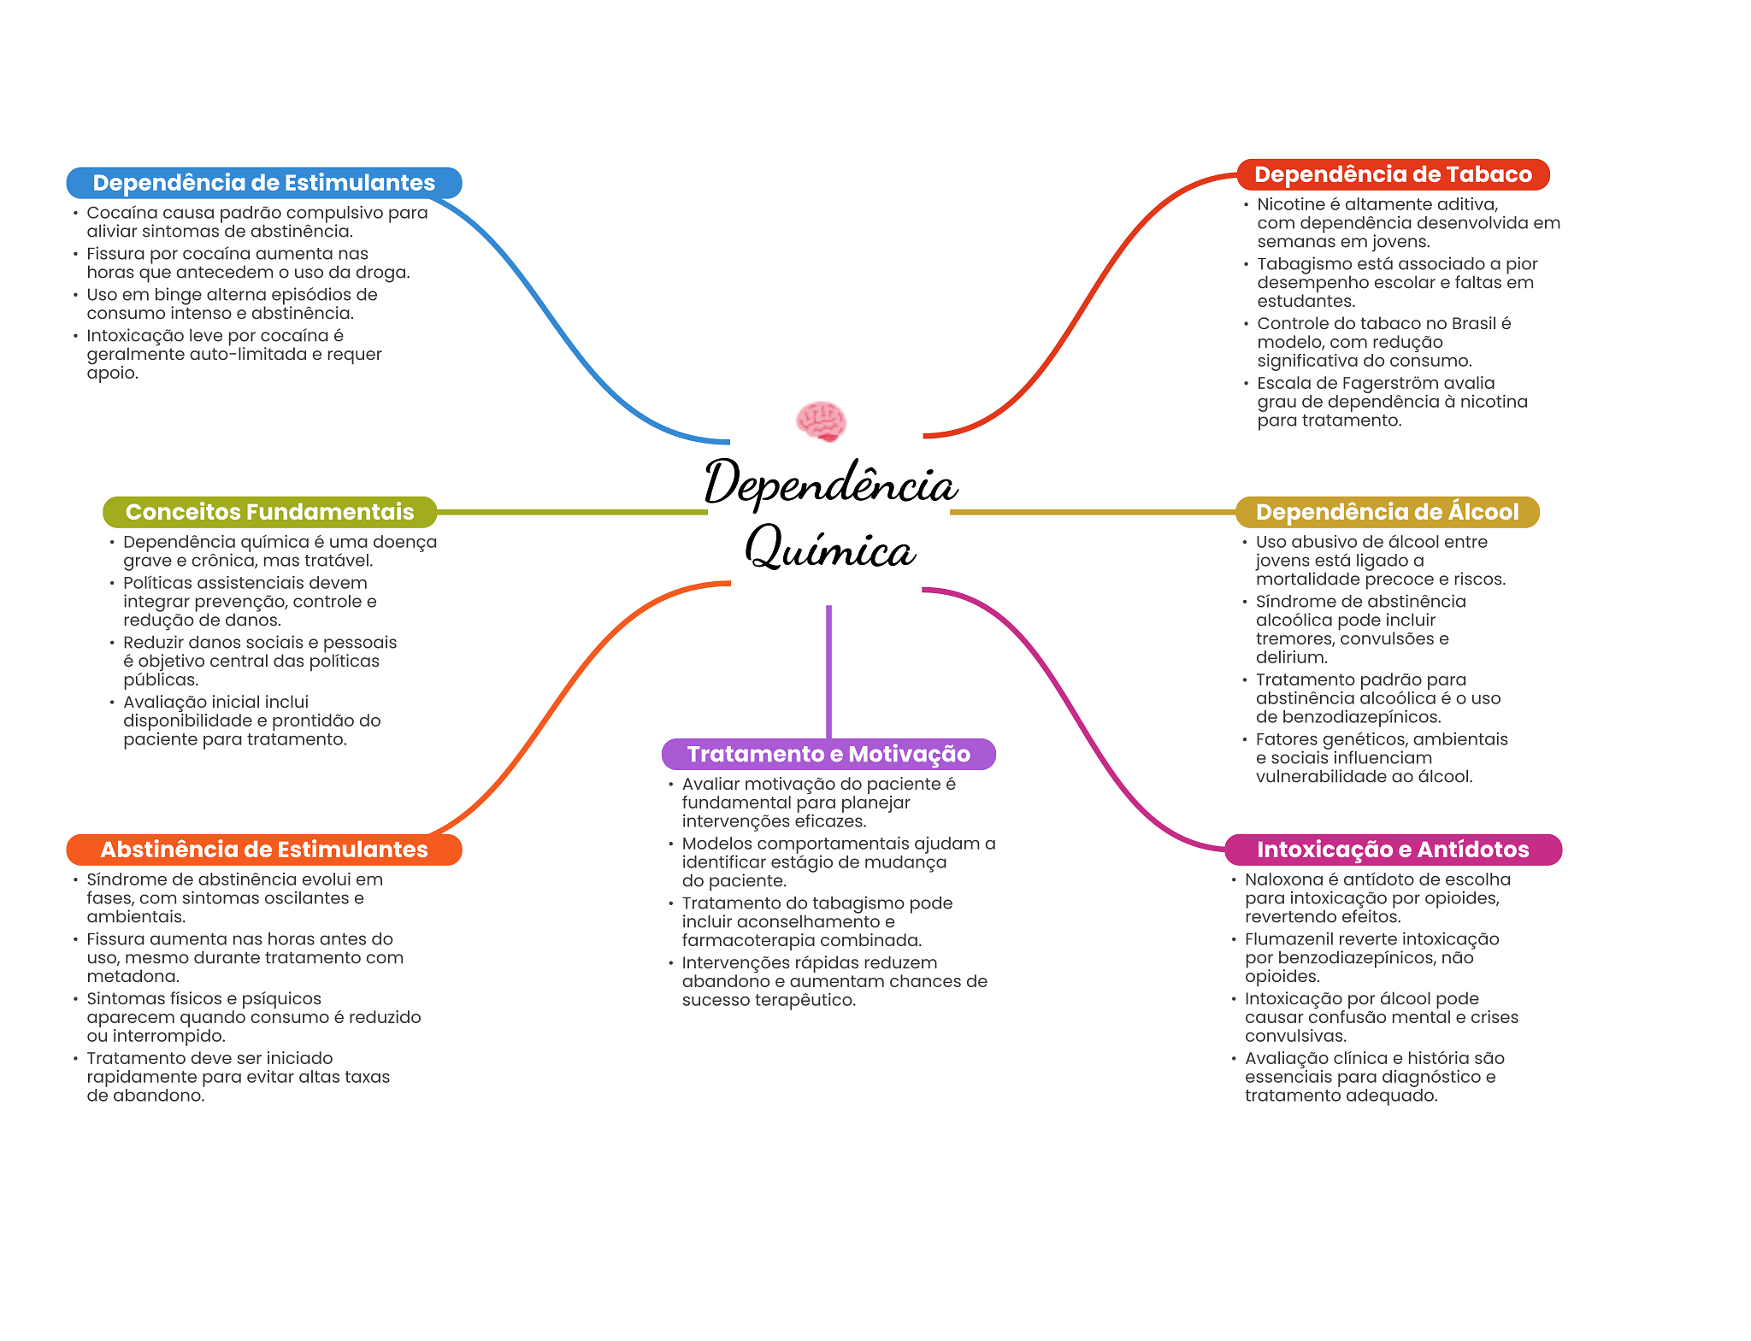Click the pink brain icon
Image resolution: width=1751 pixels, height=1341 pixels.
tap(821, 421)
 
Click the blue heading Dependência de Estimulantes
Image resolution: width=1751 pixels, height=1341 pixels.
tap(264, 183)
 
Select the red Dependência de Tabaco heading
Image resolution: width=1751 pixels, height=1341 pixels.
tap(1393, 174)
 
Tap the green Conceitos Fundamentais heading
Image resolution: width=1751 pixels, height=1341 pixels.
tap(269, 512)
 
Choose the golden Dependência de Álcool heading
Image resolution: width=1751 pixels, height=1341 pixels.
tap(1387, 512)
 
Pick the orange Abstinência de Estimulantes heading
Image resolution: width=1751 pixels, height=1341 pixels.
tap(264, 850)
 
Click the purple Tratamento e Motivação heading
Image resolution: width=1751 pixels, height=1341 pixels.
tap(828, 754)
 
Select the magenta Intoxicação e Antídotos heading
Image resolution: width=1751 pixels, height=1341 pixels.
tap(1393, 850)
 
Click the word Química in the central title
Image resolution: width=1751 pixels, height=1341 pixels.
tap(830, 547)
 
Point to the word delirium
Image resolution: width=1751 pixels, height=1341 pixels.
tap(1291, 657)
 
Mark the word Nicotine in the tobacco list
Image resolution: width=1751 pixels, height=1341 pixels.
tap(1290, 204)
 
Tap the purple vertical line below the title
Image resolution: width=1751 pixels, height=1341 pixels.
tap(828, 672)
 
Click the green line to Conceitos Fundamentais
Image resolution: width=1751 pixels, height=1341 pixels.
tap(572, 512)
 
